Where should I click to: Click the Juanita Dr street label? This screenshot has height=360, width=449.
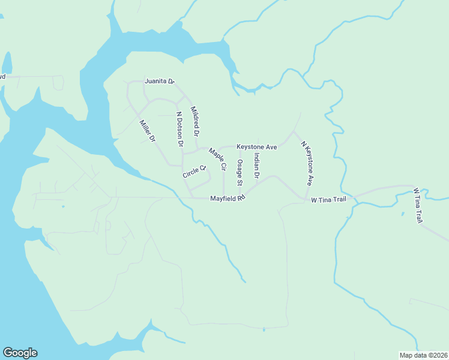click(x=159, y=81)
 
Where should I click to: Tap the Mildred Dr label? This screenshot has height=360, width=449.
click(x=194, y=120)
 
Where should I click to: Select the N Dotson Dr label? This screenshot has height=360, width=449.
click(x=179, y=129)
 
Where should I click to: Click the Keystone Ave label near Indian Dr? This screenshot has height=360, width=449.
click(x=256, y=146)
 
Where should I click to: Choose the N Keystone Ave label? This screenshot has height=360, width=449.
click(x=307, y=163)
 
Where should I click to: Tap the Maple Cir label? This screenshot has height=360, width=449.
click(x=217, y=160)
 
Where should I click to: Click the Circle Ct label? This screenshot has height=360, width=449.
click(x=194, y=171)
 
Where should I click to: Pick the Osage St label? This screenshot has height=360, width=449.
click(x=240, y=172)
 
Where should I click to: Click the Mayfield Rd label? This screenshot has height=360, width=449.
click(x=228, y=199)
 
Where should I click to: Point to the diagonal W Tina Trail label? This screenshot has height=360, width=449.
click(x=418, y=206)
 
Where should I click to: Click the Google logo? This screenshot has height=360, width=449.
click(x=20, y=353)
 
